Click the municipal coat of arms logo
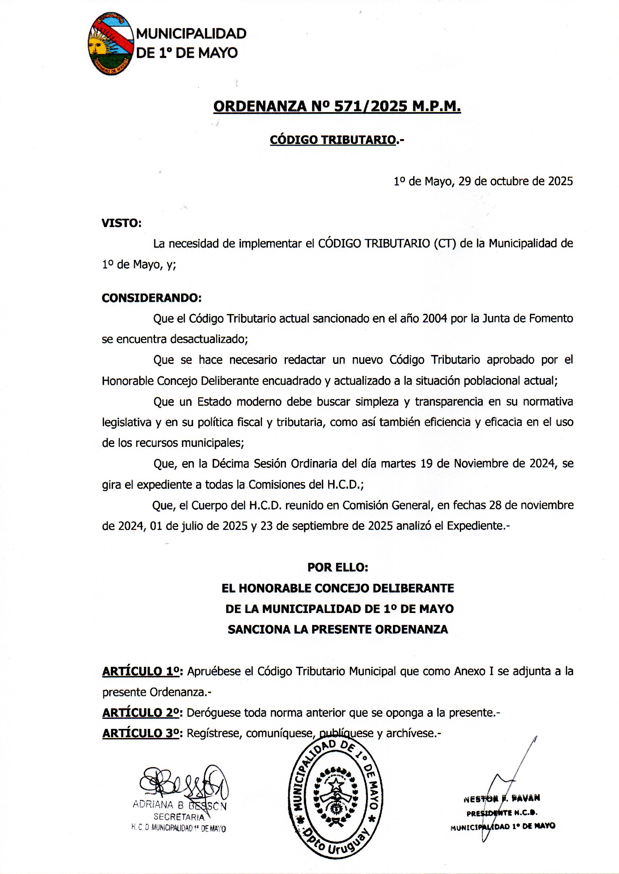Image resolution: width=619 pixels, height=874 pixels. [111, 43]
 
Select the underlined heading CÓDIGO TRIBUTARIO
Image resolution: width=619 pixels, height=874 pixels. [333, 140]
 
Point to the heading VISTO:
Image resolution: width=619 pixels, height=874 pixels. [121, 223]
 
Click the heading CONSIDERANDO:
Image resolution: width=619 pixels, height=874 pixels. [151, 298]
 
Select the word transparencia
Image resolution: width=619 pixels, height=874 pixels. [457, 402]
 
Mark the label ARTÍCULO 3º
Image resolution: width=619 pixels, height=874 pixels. [141, 733]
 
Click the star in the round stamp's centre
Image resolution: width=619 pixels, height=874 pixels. [336, 784]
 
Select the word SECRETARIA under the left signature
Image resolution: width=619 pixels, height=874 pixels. [179, 817]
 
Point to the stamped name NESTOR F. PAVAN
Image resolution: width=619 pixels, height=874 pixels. [502, 798]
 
